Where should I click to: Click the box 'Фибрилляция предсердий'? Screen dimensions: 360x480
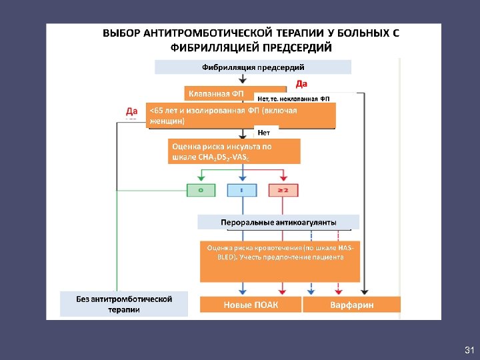click(253, 67)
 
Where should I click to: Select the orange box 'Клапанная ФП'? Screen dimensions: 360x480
click(215, 93)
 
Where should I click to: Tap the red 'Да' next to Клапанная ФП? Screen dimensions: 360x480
click(301, 83)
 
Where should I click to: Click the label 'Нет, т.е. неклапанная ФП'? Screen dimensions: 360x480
click(293, 99)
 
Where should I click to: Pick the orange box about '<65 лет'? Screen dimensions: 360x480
click(241, 115)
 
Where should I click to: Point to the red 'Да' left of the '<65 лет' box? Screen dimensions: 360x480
click(132, 110)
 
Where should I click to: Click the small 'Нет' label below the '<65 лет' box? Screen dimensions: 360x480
click(263, 132)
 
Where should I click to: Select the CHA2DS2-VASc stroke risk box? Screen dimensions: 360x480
click(234, 151)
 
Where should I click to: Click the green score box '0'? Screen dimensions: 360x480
click(201, 190)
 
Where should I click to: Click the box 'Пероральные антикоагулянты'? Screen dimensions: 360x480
click(278, 221)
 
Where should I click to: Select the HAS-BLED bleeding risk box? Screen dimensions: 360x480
click(279, 260)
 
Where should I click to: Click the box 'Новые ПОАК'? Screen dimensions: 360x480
click(251, 305)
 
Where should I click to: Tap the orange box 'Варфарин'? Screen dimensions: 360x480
click(351, 305)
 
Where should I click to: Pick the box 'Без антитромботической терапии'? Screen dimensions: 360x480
click(124, 304)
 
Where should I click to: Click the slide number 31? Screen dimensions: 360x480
click(469, 350)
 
